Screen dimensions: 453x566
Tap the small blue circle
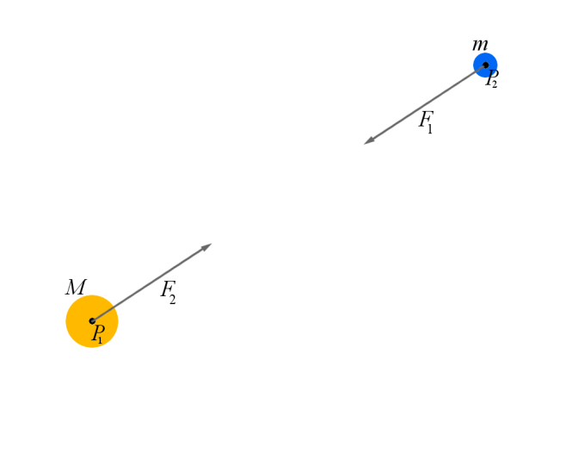(479, 59)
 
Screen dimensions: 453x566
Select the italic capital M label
(76, 288)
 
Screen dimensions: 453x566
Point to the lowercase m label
(480, 44)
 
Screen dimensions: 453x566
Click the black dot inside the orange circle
(92, 321)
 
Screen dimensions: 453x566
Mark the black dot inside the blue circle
(485, 65)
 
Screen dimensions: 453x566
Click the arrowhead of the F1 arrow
(367, 141)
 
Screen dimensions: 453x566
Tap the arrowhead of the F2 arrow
(208, 246)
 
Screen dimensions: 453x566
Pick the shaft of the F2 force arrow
(151, 283)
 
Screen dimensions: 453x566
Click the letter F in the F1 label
(424, 120)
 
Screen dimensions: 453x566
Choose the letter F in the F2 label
(166, 290)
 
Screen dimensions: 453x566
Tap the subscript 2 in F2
(173, 299)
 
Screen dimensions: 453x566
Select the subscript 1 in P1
(102, 340)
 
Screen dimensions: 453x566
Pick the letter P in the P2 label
(489, 77)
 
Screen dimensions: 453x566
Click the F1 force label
(427, 122)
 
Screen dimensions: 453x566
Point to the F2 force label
(169, 293)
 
